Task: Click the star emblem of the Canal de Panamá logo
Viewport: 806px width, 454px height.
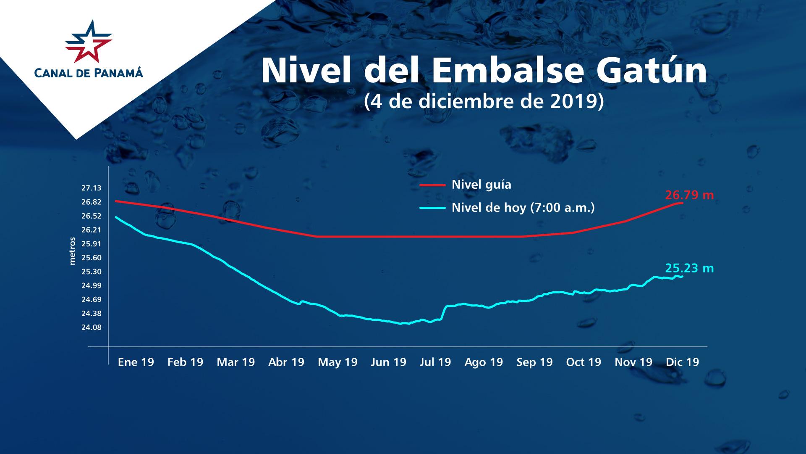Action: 89,41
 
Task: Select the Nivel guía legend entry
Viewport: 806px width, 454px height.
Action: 481,185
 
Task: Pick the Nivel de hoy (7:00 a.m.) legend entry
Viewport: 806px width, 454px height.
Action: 523,208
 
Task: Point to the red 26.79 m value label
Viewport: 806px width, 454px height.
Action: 689,195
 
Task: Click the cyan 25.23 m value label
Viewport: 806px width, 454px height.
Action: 689,268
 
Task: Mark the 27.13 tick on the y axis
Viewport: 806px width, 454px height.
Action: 92,188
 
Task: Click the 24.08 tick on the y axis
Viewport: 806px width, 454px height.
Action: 92,327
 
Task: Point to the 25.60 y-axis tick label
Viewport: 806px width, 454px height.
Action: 92,258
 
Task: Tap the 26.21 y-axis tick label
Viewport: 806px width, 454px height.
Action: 92,230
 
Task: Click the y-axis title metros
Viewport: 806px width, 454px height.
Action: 73,251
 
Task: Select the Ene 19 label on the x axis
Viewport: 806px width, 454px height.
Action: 136,362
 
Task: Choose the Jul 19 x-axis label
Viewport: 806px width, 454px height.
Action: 435,362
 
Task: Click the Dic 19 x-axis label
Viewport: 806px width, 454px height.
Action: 682,362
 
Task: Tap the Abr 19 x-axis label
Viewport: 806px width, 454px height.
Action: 286,362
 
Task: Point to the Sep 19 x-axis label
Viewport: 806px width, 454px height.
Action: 534,362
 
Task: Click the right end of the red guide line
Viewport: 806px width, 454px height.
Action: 683,203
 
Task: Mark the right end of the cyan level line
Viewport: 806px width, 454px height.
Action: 683,276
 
